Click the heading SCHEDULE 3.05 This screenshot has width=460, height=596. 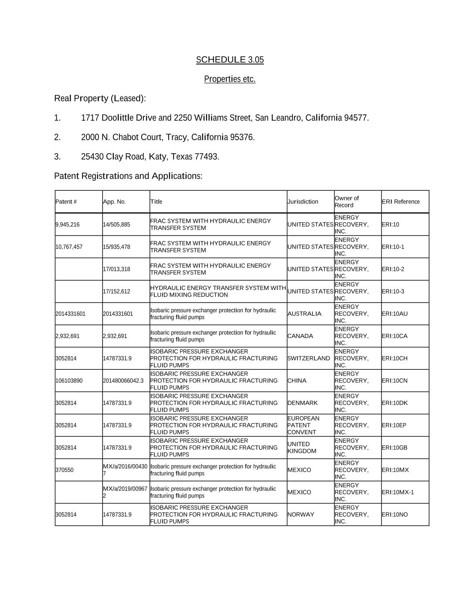(230, 60)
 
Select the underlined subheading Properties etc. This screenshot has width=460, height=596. (230, 79)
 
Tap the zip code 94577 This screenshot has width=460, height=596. (356, 118)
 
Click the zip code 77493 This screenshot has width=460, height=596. (206, 157)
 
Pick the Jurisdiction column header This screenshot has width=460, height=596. (303, 202)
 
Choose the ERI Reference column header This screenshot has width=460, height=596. (400, 202)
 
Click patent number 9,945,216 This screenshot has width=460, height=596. (68, 225)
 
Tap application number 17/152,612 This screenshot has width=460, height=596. (116, 292)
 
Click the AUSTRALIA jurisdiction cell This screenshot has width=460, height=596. (304, 314)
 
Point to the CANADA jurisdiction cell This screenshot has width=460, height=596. (300, 336)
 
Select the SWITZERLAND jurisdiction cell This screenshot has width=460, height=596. (309, 358)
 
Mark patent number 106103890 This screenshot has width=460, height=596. (69, 381)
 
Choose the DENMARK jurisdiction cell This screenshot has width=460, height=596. (303, 403)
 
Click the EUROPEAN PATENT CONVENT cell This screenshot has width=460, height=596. (303, 425)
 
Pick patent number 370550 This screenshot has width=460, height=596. (65, 470)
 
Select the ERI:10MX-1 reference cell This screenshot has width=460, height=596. (398, 493)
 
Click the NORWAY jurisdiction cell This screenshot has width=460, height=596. (301, 515)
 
